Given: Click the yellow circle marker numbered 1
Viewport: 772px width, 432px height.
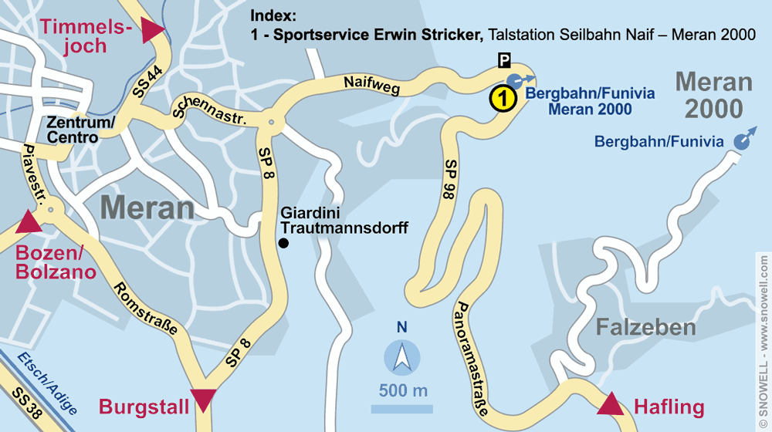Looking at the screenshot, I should tap(503, 99).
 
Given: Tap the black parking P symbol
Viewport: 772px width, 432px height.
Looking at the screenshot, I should tap(504, 60).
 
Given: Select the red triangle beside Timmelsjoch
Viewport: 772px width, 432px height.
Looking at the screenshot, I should tap(153, 29).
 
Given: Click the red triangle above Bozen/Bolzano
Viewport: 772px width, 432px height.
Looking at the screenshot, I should tap(29, 222).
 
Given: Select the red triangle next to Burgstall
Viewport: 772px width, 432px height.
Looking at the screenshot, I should tap(204, 400).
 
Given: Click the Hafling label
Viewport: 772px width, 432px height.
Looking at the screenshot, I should tap(669, 407).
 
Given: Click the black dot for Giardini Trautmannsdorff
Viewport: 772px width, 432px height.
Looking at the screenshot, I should tap(283, 244).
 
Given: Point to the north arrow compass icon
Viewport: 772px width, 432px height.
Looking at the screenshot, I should tap(402, 357).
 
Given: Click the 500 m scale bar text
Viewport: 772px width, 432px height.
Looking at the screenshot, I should tap(403, 391).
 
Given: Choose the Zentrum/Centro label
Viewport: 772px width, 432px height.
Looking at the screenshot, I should tap(80, 130).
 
